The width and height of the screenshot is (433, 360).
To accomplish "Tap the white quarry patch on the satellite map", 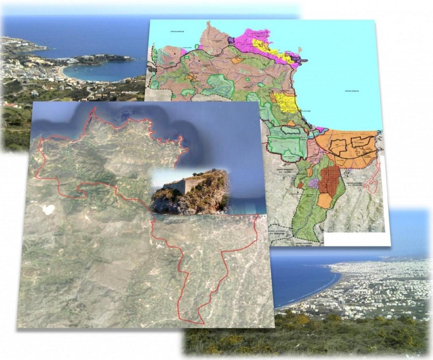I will [x=48, y=210].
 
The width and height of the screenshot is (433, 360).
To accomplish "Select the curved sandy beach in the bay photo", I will [x=63, y=74].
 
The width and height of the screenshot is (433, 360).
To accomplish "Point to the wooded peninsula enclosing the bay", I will [x=107, y=59].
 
